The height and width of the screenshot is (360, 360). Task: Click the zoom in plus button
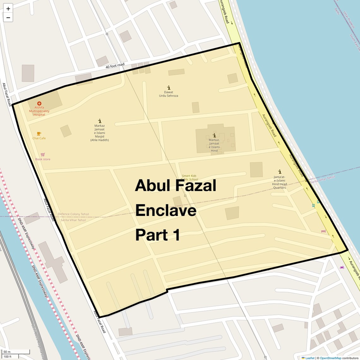(x=8, y=9)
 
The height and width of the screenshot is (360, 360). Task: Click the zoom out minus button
(x=8, y=18)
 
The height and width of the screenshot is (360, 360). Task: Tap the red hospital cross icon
(x=39, y=103)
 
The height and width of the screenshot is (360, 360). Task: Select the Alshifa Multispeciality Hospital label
(x=39, y=111)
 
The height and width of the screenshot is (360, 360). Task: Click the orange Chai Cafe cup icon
(x=39, y=134)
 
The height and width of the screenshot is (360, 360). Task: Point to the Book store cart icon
(x=43, y=155)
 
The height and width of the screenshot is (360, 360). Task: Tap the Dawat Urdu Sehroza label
(x=169, y=94)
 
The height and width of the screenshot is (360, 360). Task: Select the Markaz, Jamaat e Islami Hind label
(x=214, y=145)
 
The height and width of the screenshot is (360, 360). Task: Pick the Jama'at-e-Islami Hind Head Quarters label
(x=279, y=183)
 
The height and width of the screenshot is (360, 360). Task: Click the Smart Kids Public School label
(x=189, y=177)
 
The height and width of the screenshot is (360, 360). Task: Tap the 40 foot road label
(x=115, y=66)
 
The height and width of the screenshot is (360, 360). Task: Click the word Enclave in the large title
(x=166, y=210)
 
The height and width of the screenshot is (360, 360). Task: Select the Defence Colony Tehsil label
(x=73, y=214)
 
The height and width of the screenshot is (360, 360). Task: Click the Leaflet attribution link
(x=309, y=358)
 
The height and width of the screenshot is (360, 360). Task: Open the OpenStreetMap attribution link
(x=330, y=358)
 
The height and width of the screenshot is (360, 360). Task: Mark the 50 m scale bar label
(x=7, y=352)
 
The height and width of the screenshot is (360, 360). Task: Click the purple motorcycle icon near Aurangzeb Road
(x=342, y=267)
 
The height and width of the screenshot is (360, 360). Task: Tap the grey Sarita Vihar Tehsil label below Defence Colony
(x=73, y=220)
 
